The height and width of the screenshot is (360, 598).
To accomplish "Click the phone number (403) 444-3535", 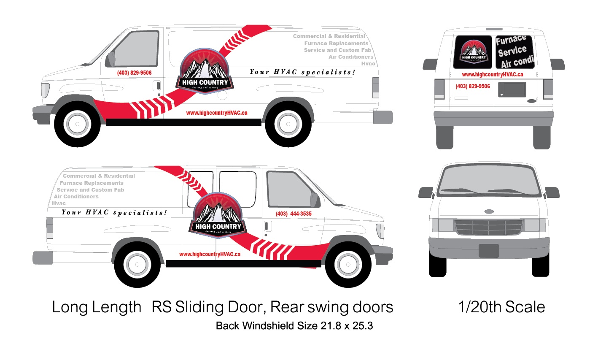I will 294,214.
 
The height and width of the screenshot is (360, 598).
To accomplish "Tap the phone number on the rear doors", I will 472,87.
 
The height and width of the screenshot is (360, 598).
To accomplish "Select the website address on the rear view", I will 492,75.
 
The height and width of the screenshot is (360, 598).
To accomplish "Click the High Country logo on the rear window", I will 473,52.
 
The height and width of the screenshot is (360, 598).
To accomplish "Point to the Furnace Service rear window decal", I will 514,52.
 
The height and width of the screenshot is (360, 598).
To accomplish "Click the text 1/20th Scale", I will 501,307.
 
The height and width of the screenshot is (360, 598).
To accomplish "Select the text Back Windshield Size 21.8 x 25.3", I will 294,326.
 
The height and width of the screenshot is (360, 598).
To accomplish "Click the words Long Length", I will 97,307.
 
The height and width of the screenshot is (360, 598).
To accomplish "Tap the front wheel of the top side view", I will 78,124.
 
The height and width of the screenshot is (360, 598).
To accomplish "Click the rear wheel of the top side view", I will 288,124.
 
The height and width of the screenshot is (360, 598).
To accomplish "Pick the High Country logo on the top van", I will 205,71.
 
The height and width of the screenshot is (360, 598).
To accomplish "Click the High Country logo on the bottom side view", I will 218,216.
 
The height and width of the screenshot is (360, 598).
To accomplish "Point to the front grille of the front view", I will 489,227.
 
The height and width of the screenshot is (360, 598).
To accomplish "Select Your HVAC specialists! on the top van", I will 302,72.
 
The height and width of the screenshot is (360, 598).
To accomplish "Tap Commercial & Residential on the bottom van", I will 99,176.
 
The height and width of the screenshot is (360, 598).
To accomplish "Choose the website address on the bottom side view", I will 210,254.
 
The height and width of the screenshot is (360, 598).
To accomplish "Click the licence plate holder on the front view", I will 489,251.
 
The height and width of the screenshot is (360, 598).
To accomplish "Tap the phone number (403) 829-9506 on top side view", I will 134,73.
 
